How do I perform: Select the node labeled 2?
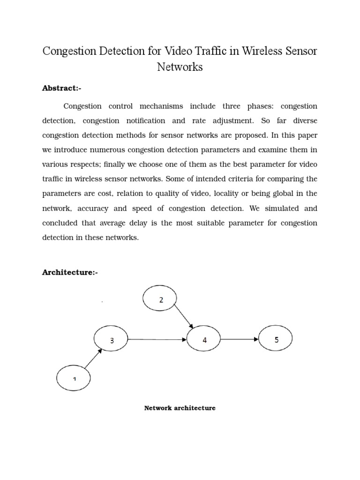[161, 300]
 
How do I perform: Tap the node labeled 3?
[112, 340]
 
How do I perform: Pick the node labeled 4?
[204, 340]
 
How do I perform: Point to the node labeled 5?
[276, 340]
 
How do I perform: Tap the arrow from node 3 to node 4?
[157, 339]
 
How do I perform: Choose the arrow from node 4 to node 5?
[240, 339]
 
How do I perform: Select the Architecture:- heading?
[70, 272]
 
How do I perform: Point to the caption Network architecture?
[180, 408]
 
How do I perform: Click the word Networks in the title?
[180, 67]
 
